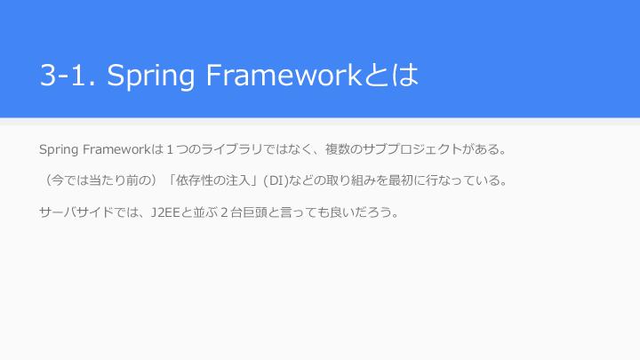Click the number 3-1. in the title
(x=68, y=75)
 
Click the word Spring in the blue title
(x=150, y=76)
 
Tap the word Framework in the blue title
(x=284, y=75)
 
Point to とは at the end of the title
(x=390, y=75)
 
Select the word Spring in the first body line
(x=59, y=150)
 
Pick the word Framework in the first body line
(x=116, y=149)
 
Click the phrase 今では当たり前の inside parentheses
(x=101, y=180)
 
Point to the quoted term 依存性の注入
(x=212, y=180)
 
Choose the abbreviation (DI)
(x=276, y=180)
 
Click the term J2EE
(x=165, y=212)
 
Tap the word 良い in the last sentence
(x=336, y=212)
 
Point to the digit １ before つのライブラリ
(x=170, y=150)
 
